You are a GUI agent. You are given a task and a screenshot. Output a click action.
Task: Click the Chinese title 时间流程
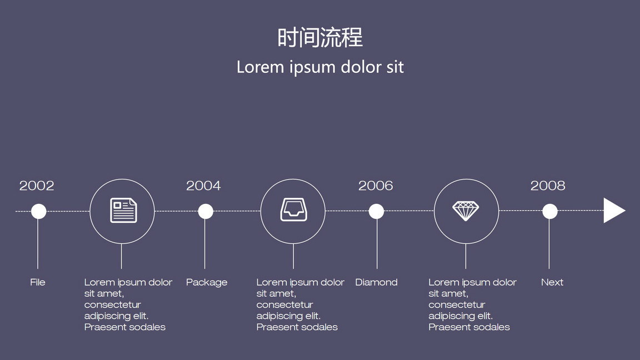click(320, 38)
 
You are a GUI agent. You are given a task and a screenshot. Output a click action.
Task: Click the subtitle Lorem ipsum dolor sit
click(320, 67)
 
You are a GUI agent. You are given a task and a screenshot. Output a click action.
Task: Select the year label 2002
click(37, 186)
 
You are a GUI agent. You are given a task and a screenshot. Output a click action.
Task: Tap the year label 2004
click(203, 186)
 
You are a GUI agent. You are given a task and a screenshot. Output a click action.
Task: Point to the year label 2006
click(376, 186)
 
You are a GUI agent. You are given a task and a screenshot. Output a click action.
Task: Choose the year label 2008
click(548, 186)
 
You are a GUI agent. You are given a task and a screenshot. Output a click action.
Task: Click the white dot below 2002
click(39, 212)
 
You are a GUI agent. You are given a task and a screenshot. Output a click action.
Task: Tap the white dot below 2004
click(206, 212)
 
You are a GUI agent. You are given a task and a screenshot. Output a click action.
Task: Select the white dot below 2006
click(376, 212)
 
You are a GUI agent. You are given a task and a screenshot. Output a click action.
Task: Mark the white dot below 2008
click(550, 212)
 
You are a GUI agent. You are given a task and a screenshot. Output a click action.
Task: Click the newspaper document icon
click(123, 211)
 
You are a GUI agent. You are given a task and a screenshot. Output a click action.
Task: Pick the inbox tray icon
click(293, 210)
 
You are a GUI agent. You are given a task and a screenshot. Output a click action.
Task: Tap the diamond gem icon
click(466, 211)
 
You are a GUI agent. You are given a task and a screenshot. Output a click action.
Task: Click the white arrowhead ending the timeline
click(613, 211)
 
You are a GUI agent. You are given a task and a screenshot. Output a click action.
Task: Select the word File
click(38, 282)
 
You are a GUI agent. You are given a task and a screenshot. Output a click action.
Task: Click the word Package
click(207, 282)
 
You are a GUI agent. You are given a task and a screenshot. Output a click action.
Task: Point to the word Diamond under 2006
click(376, 282)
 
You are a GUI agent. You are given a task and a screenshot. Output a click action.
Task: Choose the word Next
click(552, 282)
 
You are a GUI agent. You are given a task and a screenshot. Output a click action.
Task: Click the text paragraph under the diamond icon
click(472, 304)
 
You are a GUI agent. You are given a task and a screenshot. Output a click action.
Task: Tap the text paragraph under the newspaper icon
click(128, 304)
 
